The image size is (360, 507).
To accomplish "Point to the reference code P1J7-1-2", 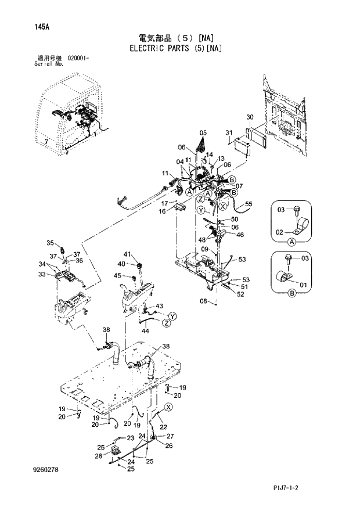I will [x=319, y=490].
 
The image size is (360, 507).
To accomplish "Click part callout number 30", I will [x=250, y=117].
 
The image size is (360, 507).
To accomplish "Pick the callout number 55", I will [x=249, y=204].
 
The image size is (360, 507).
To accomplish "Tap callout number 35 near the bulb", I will [x=50, y=243].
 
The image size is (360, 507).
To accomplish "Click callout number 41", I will [x=128, y=254].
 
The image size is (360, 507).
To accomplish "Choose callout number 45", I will [x=117, y=275].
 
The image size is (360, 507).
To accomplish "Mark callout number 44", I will [x=145, y=330].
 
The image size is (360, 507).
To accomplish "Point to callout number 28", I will [x=98, y=457].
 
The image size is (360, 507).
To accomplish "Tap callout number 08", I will [x=204, y=301].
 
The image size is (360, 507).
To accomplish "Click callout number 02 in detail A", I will [x=279, y=232].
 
